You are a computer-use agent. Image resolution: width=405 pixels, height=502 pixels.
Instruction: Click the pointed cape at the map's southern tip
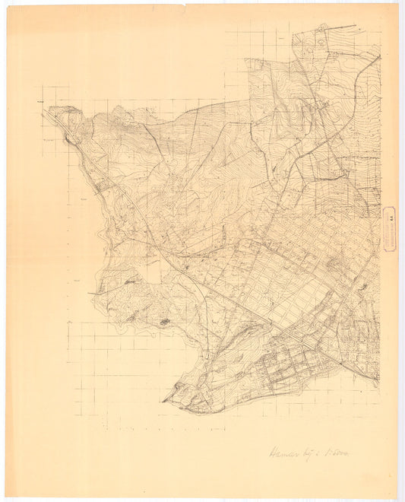[x=164, y=400]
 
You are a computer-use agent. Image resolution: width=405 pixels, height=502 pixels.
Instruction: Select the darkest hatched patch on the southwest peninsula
[x=165, y=322]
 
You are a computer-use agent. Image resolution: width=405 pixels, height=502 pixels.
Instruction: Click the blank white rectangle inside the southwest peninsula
[x=153, y=272]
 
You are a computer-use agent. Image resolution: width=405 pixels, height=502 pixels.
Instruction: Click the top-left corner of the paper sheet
[x=7, y=6]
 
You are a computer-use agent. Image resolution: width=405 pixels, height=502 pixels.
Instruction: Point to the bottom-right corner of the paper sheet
[x=398, y=498]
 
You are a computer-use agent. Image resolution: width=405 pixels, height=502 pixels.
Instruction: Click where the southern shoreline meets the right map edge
[x=378, y=379]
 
